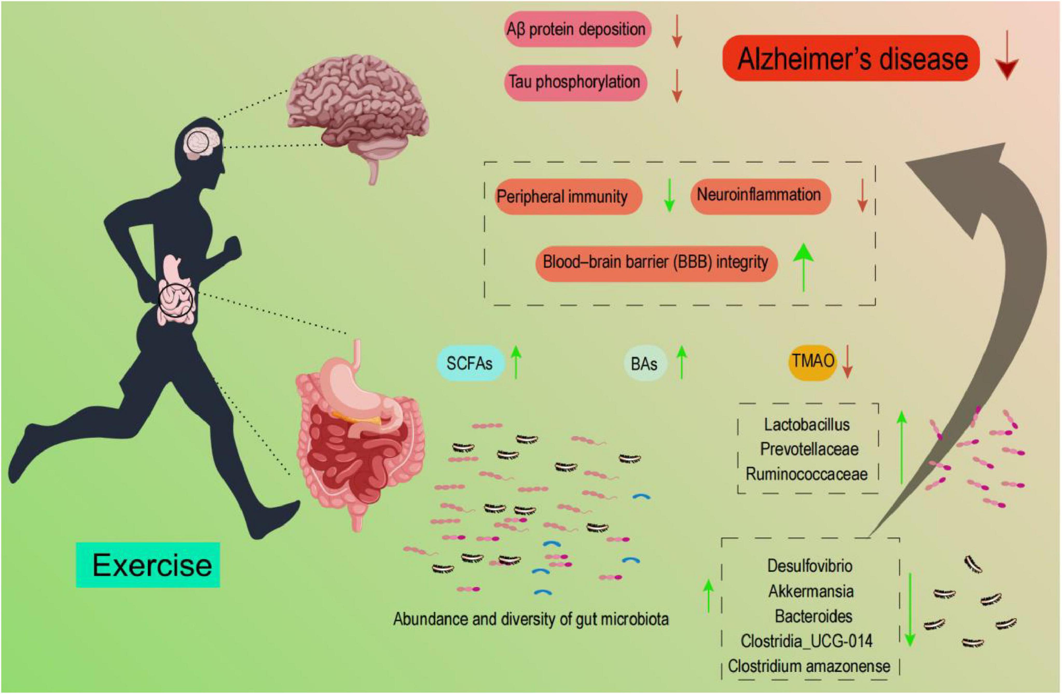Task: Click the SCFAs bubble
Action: [470, 363]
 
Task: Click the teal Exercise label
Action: [148, 565]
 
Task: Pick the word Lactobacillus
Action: [807, 424]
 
